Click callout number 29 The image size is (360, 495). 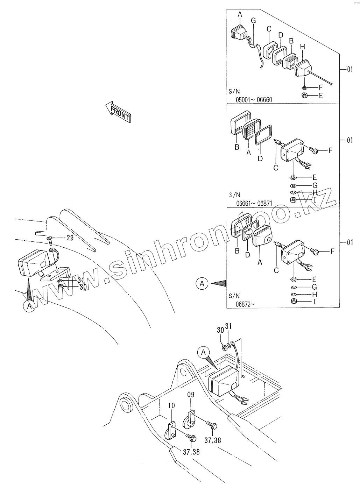coord(70,238)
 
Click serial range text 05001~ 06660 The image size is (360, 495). coord(254,100)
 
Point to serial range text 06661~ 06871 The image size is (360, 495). coord(254,203)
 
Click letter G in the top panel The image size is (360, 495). coord(253,21)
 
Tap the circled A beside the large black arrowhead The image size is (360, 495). coord(202,283)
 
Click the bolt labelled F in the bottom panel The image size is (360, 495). coord(315,251)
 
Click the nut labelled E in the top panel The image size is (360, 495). coord(304,96)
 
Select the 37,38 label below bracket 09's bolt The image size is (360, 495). coord(213,440)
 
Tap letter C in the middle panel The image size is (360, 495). coord(276,168)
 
